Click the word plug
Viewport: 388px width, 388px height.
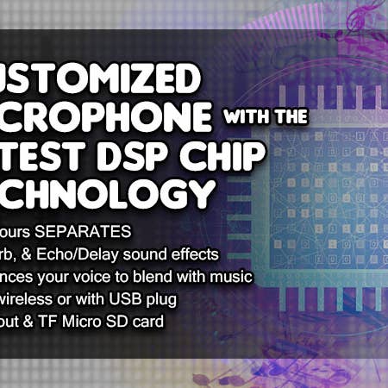point(160,298)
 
